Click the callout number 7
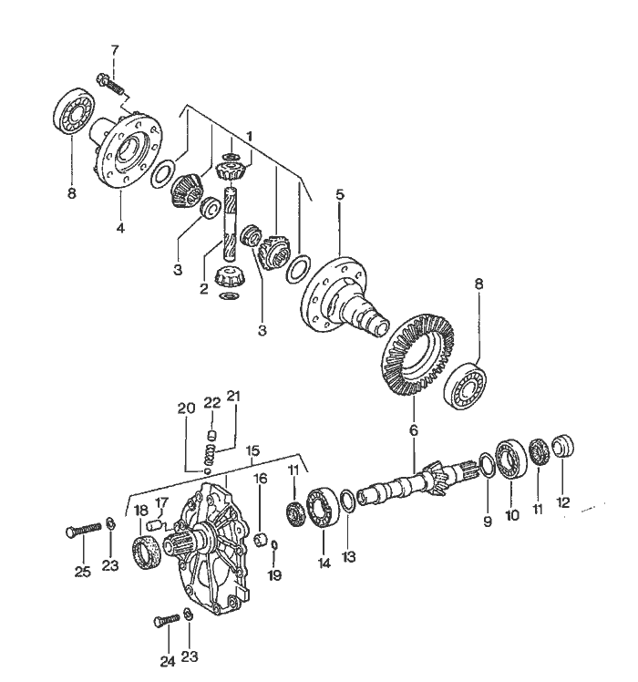[115, 48]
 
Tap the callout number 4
[120, 228]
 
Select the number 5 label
[339, 195]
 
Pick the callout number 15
[252, 450]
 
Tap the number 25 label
[83, 572]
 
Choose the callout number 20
[188, 408]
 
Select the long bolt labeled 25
[81, 530]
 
